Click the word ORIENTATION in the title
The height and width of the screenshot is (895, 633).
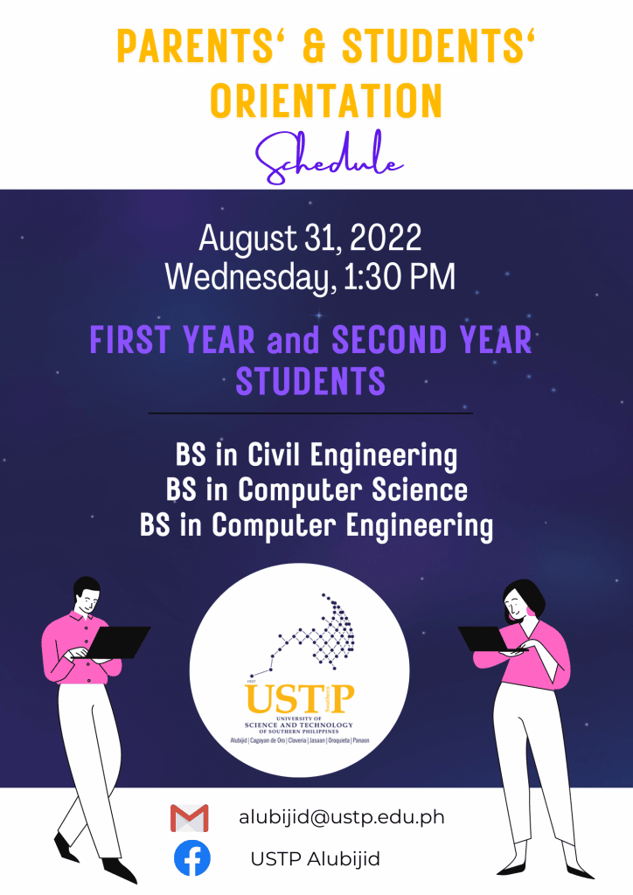point(326,101)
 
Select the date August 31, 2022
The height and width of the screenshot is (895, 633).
point(310,238)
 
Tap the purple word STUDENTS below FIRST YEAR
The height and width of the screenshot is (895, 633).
point(310,381)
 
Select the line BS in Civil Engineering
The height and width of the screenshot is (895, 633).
point(316,456)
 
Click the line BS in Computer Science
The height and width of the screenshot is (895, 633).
point(316,490)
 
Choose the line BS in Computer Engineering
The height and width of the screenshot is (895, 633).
point(316,526)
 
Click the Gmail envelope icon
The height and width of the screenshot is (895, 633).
point(190,818)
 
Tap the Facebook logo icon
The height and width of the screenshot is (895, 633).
point(191,858)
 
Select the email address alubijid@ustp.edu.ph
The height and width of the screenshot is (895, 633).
point(341,817)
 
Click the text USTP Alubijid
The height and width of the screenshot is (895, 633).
point(315,858)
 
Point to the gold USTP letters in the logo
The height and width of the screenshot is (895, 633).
point(300,698)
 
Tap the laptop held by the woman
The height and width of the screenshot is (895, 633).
point(487,639)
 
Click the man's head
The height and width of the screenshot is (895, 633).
point(87,596)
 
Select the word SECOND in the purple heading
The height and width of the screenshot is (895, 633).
point(390,340)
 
